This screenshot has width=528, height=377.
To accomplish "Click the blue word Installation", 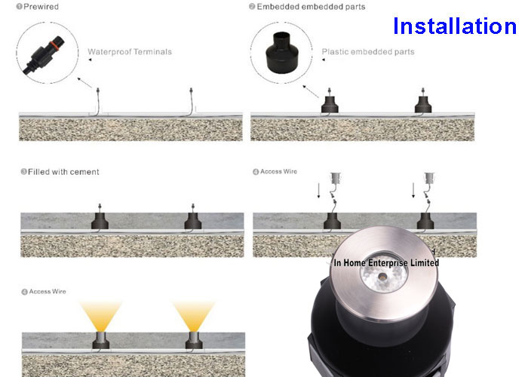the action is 455,26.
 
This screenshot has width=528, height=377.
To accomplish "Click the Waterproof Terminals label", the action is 130,52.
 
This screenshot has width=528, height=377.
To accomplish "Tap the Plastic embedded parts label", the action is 368,52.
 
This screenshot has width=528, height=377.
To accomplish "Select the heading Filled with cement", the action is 63,172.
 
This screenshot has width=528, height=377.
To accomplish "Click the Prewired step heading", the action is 41,7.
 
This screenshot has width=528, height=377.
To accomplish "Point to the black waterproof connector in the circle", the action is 44,55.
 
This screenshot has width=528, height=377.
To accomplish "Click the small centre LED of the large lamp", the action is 382,277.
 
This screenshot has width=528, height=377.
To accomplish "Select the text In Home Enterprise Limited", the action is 386,262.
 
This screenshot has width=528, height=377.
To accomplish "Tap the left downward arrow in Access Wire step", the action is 318,191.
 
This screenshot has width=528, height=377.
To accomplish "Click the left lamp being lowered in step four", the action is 336,178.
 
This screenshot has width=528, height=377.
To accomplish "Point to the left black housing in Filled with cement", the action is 100,221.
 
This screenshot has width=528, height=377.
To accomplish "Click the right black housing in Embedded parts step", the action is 423,104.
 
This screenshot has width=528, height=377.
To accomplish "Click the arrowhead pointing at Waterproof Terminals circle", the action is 78,79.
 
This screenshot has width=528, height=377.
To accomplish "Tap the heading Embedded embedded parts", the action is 311,7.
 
